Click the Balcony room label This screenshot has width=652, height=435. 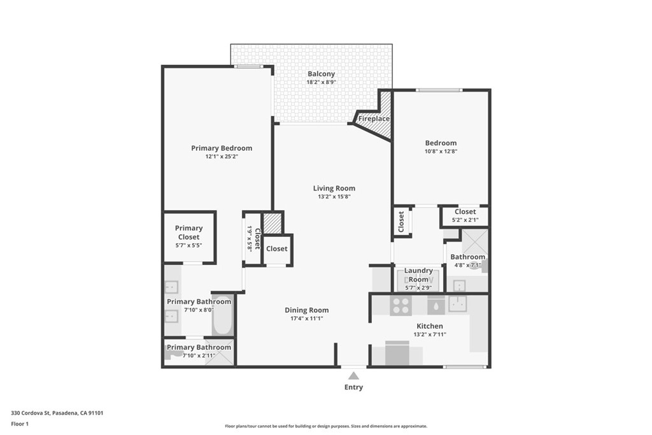321,74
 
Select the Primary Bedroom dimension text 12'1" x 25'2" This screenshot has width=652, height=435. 222,157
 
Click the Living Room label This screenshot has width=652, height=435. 334,188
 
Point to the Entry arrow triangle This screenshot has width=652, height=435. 353,376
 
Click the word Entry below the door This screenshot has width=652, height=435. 353,387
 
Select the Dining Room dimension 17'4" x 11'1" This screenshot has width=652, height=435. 306,318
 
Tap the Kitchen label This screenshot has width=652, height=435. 429,326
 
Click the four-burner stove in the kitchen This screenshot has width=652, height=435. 401,306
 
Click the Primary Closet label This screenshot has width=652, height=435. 189,232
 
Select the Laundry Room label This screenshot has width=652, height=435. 418,275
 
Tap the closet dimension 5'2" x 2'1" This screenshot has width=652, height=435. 465,220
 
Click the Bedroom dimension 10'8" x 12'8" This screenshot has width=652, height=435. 441,152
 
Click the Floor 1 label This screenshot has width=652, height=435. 20,424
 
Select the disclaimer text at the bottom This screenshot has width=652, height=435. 325,426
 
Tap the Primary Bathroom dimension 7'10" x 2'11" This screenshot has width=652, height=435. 199,356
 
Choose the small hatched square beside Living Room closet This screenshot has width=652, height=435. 273,223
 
